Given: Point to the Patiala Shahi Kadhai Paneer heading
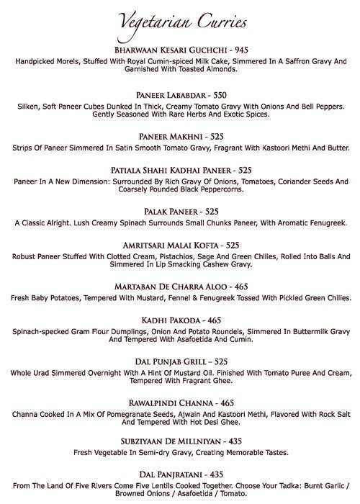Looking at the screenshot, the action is (x=170, y=170).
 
